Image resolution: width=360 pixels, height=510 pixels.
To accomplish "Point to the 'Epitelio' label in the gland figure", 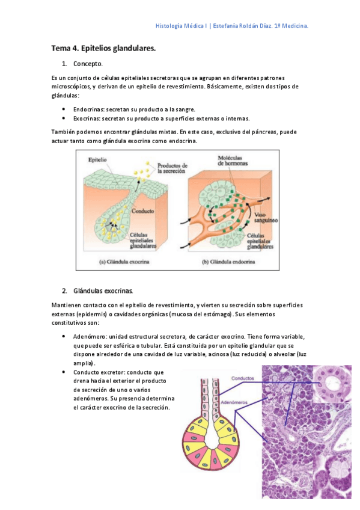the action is pyautogui.click(x=97, y=160).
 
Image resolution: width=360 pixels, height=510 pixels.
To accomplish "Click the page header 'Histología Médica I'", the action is pyautogui.click(x=180, y=26).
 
